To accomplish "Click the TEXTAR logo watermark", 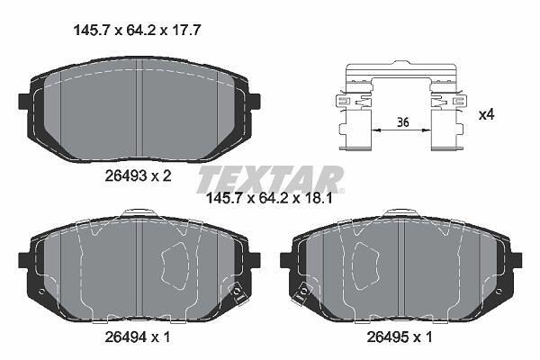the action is (270, 179).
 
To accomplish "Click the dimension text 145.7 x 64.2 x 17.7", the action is (137, 31).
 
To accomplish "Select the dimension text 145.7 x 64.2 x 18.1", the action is (269, 198).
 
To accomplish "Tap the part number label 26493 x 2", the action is (138, 176).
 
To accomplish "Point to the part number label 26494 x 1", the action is (138, 337).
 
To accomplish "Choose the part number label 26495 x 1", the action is (400, 337).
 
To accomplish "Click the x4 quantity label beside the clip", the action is (487, 114).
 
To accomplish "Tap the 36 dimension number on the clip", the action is (402, 122).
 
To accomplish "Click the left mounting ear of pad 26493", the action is (24, 102).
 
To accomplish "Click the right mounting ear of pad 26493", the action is (254, 102).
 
